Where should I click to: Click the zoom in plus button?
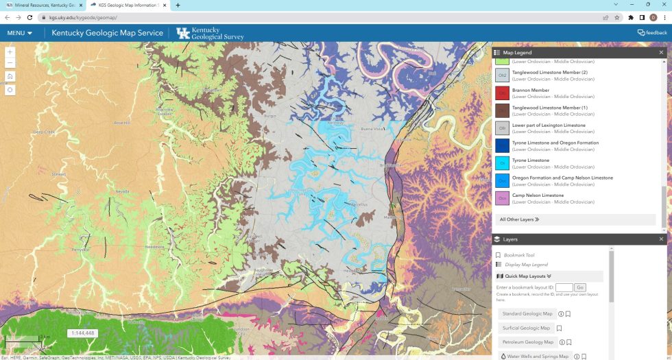[x=10, y=52]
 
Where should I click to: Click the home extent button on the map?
[x=10, y=76]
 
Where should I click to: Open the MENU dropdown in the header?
[x=20, y=33]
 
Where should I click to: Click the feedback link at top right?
[x=651, y=32]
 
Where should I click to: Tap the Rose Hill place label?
[x=122, y=123]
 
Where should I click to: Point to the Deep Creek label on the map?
[x=44, y=132]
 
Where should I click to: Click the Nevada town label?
[x=122, y=191]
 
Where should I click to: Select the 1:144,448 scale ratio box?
[x=82, y=333]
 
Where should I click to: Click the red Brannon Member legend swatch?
[x=502, y=93]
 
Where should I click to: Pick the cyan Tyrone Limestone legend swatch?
[x=502, y=163]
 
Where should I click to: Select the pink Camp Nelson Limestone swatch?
[x=502, y=198]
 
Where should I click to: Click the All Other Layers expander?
[x=519, y=219]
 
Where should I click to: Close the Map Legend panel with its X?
[x=661, y=52]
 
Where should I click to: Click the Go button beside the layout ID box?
[x=580, y=287]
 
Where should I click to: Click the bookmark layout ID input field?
[x=564, y=287]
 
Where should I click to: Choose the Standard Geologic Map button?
[x=527, y=314]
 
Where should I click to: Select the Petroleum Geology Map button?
[x=527, y=341]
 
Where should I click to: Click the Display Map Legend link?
[x=526, y=265]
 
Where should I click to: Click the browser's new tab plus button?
[x=178, y=5]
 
